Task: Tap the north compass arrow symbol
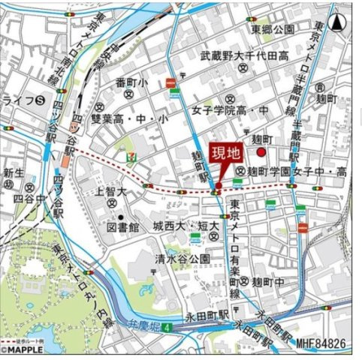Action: (x=338, y=23)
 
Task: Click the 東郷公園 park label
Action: (x=273, y=29)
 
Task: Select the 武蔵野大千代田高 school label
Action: (x=244, y=55)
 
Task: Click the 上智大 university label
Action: (x=110, y=191)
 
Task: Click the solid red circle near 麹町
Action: (x=261, y=153)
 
